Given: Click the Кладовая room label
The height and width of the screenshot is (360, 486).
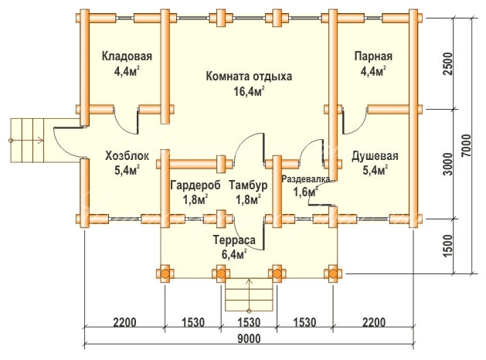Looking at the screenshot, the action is (127, 56).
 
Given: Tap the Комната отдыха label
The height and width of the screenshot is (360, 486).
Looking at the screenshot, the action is (249, 76).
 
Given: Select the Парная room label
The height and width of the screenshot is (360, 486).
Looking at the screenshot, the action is (373, 56).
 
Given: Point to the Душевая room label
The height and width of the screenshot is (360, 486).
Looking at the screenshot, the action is (375, 156).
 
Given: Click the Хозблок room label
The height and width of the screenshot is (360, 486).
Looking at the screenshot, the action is (127, 155).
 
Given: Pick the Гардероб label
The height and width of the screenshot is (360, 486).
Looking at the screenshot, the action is (195, 185).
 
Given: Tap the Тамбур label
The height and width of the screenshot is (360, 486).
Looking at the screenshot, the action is (248, 185).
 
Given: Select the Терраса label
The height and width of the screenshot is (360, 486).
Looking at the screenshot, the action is (234, 240).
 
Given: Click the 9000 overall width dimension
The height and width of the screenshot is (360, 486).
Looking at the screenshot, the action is (250, 338).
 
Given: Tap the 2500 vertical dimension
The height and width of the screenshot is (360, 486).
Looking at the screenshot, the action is (448, 64).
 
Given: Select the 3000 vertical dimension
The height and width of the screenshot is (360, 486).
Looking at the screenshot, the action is (448, 164).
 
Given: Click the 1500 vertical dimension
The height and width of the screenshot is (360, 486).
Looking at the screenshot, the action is (448, 246).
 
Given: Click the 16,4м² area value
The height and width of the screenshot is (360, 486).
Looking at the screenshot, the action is (249, 91).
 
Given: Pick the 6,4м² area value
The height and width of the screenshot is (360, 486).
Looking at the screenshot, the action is (234, 254).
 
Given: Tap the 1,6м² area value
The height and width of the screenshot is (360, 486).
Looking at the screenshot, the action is (306, 192).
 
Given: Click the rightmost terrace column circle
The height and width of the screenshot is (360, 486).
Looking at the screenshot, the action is (333, 274).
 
